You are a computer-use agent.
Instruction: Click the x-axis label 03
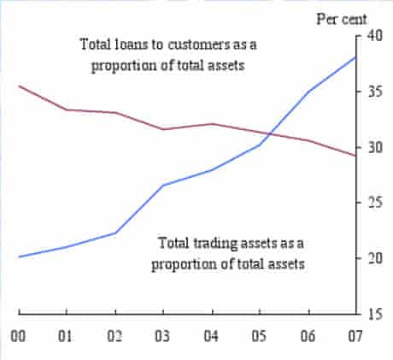tap(163, 336)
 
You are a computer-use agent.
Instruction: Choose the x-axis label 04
tap(211, 336)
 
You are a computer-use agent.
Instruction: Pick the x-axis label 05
tap(259, 336)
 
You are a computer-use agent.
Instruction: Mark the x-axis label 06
tap(308, 336)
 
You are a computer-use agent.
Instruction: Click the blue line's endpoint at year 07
tap(355, 56)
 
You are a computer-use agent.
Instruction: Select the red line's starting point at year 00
tap(19, 86)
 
